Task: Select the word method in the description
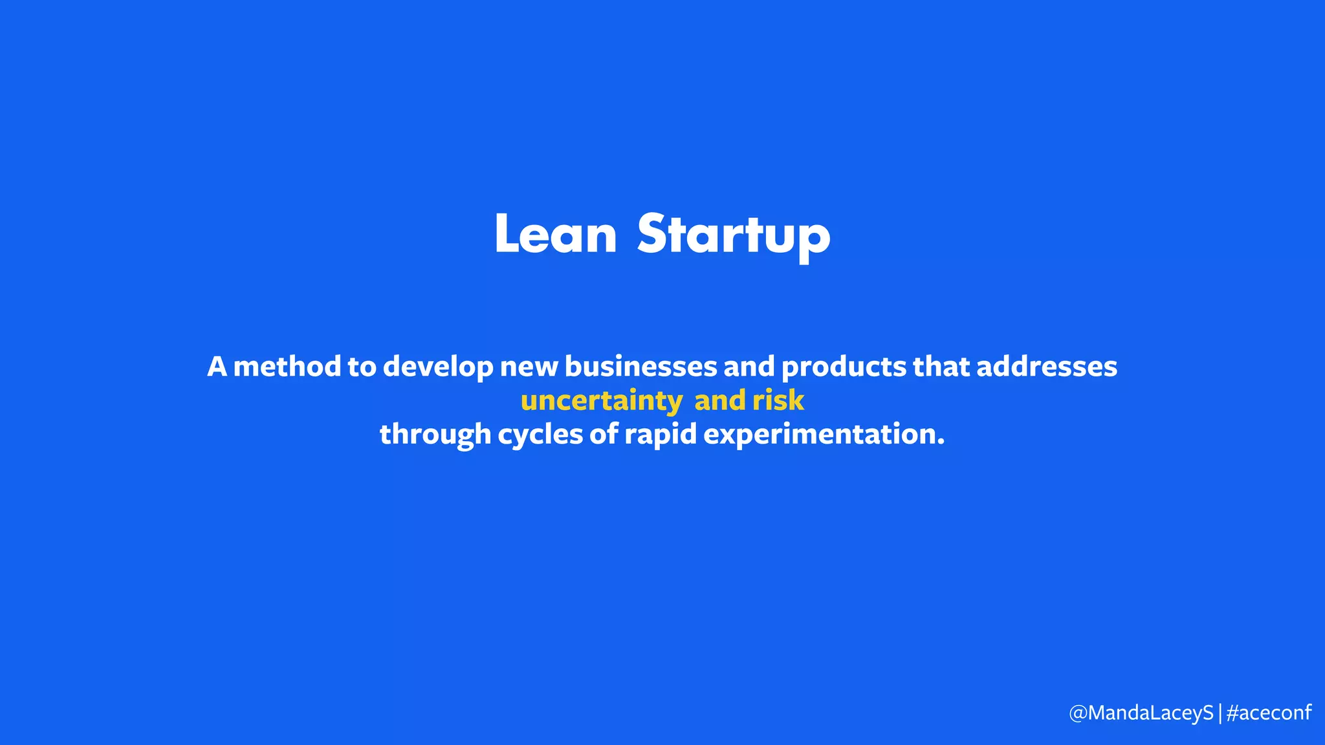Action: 287,367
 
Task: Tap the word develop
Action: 438,367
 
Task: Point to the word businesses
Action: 641,367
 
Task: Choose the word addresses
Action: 1046,367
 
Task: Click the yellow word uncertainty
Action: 601,401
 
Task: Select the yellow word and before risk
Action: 719,400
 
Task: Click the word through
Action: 435,435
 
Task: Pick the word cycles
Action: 540,435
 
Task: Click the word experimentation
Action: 823,435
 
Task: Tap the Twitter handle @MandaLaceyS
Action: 1141,713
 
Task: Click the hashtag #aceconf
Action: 1268,713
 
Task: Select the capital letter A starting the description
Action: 217,367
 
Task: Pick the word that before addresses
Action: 941,367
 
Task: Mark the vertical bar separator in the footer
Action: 1220,713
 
